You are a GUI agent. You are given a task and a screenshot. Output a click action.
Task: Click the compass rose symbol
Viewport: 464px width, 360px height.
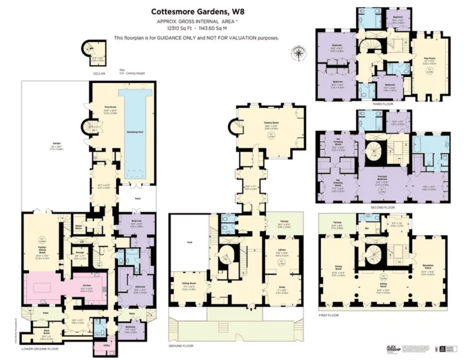[299, 53]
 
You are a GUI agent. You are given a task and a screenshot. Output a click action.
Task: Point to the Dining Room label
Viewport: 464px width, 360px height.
[339, 267]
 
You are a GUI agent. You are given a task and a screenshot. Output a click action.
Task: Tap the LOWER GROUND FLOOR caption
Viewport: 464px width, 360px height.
[40, 349]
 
